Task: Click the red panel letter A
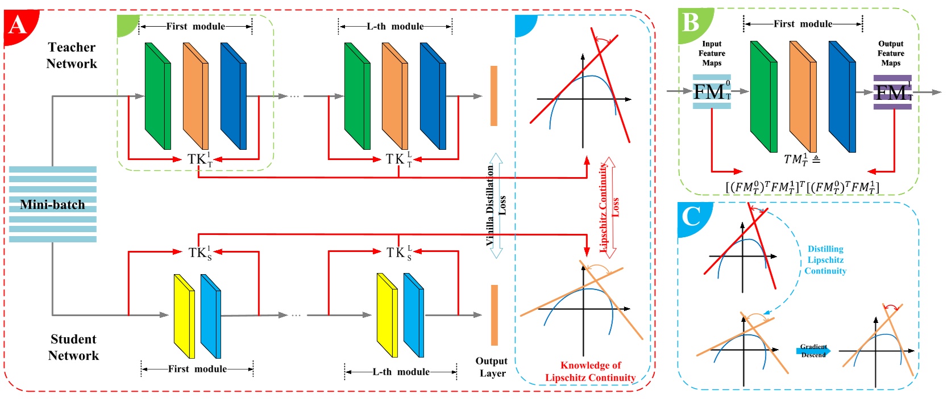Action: [x=17, y=26]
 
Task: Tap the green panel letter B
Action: [x=691, y=23]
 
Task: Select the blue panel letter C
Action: [x=691, y=216]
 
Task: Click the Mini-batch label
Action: [x=52, y=204]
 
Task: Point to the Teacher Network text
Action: [x=72, y=55]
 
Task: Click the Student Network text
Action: [x=73, y=347]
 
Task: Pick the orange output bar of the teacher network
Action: [x=493, y=95]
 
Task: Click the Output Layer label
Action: [x=492, y=367]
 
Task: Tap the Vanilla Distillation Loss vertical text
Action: [x=495, y=205]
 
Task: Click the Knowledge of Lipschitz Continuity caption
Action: [x=591, y=371]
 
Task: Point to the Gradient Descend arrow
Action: [x=813, y=351]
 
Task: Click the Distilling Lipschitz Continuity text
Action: [x=825, y=260]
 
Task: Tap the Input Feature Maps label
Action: [x=712, y=53]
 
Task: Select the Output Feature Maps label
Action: [x=891, y=53]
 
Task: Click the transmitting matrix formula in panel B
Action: [x=802, y=187]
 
